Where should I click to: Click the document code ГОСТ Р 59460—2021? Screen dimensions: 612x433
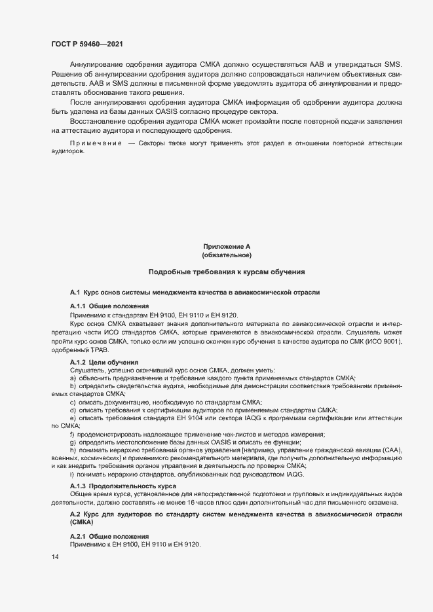click(x=86, y=44)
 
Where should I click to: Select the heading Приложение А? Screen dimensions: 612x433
click(x=227, y=246)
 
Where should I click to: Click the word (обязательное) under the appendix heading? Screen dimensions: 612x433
click(x=227, y=255)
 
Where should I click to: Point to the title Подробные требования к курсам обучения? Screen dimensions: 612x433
click(x=227, y=272)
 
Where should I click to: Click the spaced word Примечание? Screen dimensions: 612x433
click(x=96, y=143)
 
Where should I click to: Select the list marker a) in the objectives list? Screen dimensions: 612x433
click(x=73, y=378)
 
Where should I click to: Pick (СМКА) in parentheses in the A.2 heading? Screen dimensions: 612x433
click(x=82, y=524)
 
